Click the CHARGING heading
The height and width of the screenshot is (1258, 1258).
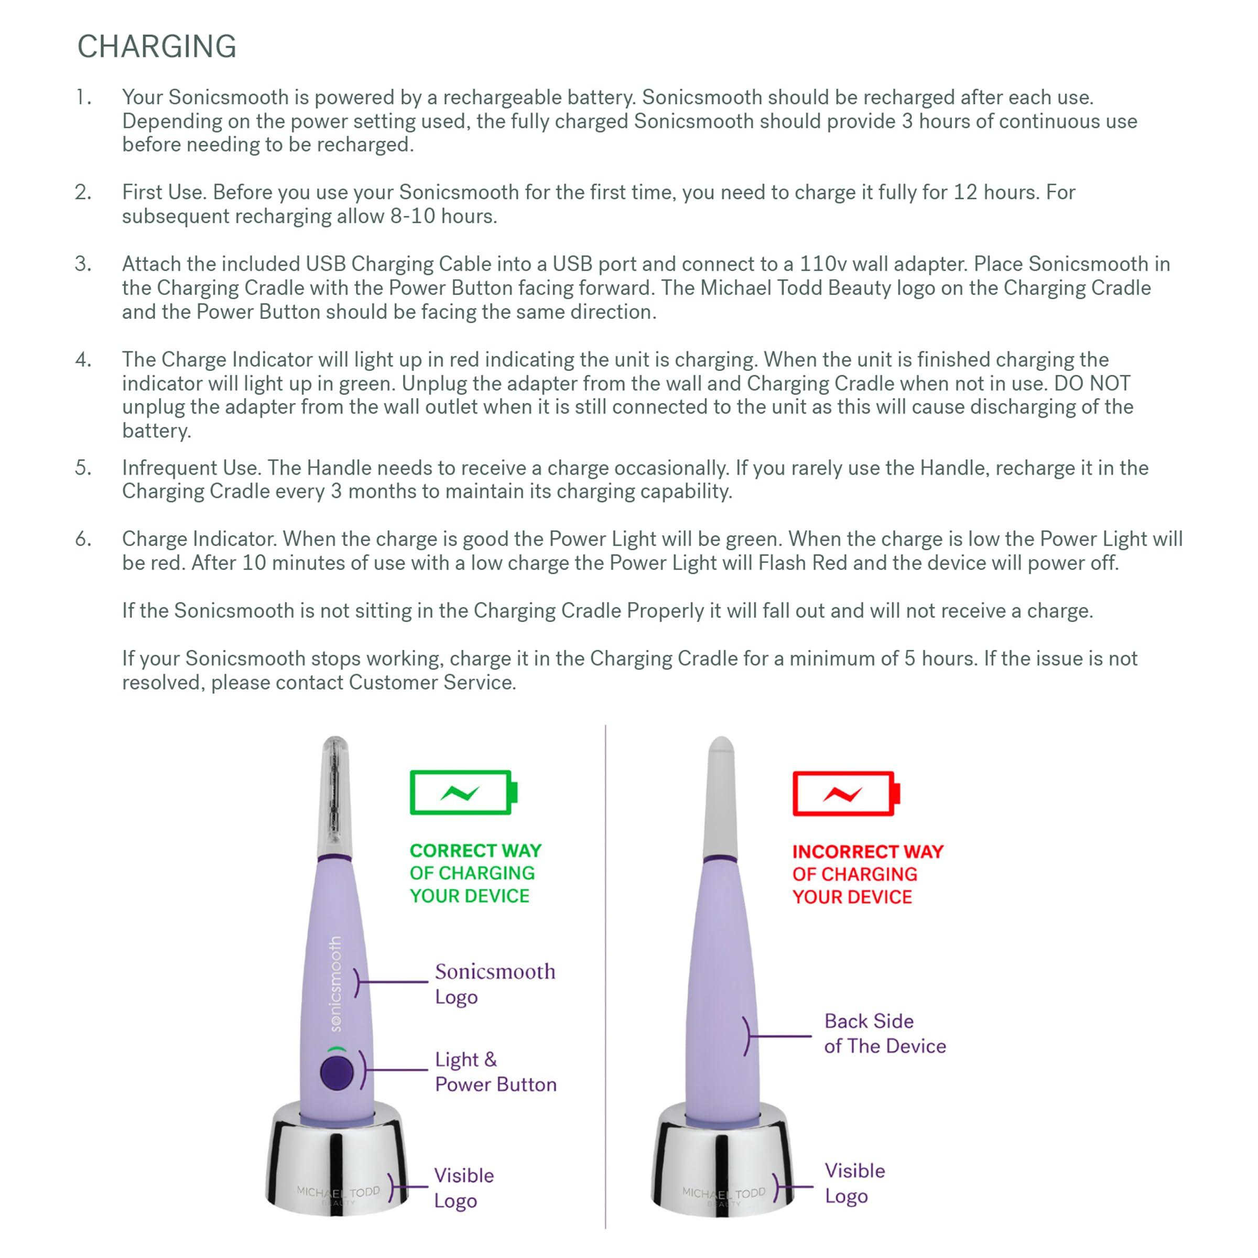pyautogui.click(x=156, y=47)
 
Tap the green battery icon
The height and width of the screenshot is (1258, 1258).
pyautogui.click(x=463, y=793)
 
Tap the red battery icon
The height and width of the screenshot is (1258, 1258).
pyautogui.click(x=845, y=794)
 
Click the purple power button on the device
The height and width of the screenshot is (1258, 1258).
pyautogui.click(x=337, y=1072)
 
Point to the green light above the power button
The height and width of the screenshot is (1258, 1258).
pyautogui.click(x=337, y=1049)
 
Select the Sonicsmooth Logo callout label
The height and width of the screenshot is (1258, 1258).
pyautogui.click(x=495, y=983)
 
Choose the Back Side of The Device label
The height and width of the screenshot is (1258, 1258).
pyautogui.click(x=884, y=1033)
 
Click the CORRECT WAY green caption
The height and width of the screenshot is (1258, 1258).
pyautogui.click(x=475, y=873)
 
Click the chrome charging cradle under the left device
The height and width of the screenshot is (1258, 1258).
pyautogui.click(x=337, y=1166)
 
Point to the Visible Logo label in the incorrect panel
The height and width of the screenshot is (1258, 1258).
pyautogui.click(x=854, y=1183)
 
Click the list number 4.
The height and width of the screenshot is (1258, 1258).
pyautogui.click(x=83, y=360)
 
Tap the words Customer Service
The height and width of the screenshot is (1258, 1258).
pyautogui.click(x=432, y=682)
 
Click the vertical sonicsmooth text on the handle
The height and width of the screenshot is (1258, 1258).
pyautogui.click(x=335, y=984)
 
